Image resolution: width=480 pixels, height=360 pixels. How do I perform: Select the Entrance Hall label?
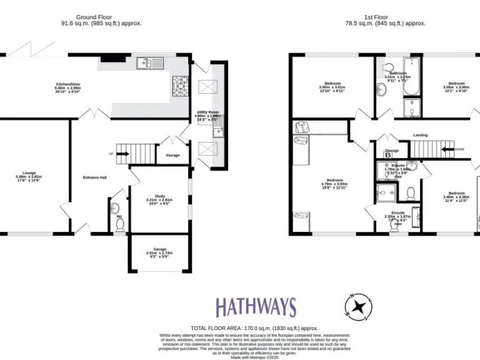(94, 177)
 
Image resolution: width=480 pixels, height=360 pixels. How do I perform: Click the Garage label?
(158, 252)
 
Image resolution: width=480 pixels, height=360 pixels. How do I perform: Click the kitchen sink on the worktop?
(150, 62)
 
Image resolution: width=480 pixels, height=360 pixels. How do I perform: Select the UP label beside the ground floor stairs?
(111, 153)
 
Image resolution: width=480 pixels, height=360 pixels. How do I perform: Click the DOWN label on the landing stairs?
(459, 149)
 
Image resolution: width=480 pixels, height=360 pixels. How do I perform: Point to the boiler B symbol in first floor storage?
(387, 155)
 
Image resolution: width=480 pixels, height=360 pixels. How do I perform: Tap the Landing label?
(421, 134)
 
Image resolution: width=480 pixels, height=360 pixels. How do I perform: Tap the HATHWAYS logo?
(256, 307)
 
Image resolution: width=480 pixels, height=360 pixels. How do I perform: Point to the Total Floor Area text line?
(254, 327)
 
